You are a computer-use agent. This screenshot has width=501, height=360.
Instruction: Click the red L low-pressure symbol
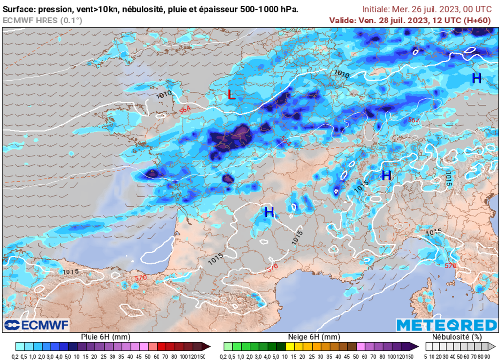232,95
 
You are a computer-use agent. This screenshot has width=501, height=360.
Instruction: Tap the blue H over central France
269,212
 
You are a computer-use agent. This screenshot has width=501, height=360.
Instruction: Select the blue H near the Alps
387,175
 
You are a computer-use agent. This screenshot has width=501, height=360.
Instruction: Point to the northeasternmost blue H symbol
477,78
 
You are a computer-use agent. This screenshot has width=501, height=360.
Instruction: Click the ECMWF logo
37,325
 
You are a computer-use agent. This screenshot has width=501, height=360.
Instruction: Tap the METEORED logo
446,325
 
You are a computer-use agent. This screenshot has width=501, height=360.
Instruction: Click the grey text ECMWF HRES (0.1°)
43,20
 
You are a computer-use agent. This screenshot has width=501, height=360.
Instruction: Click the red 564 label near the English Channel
185,111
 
